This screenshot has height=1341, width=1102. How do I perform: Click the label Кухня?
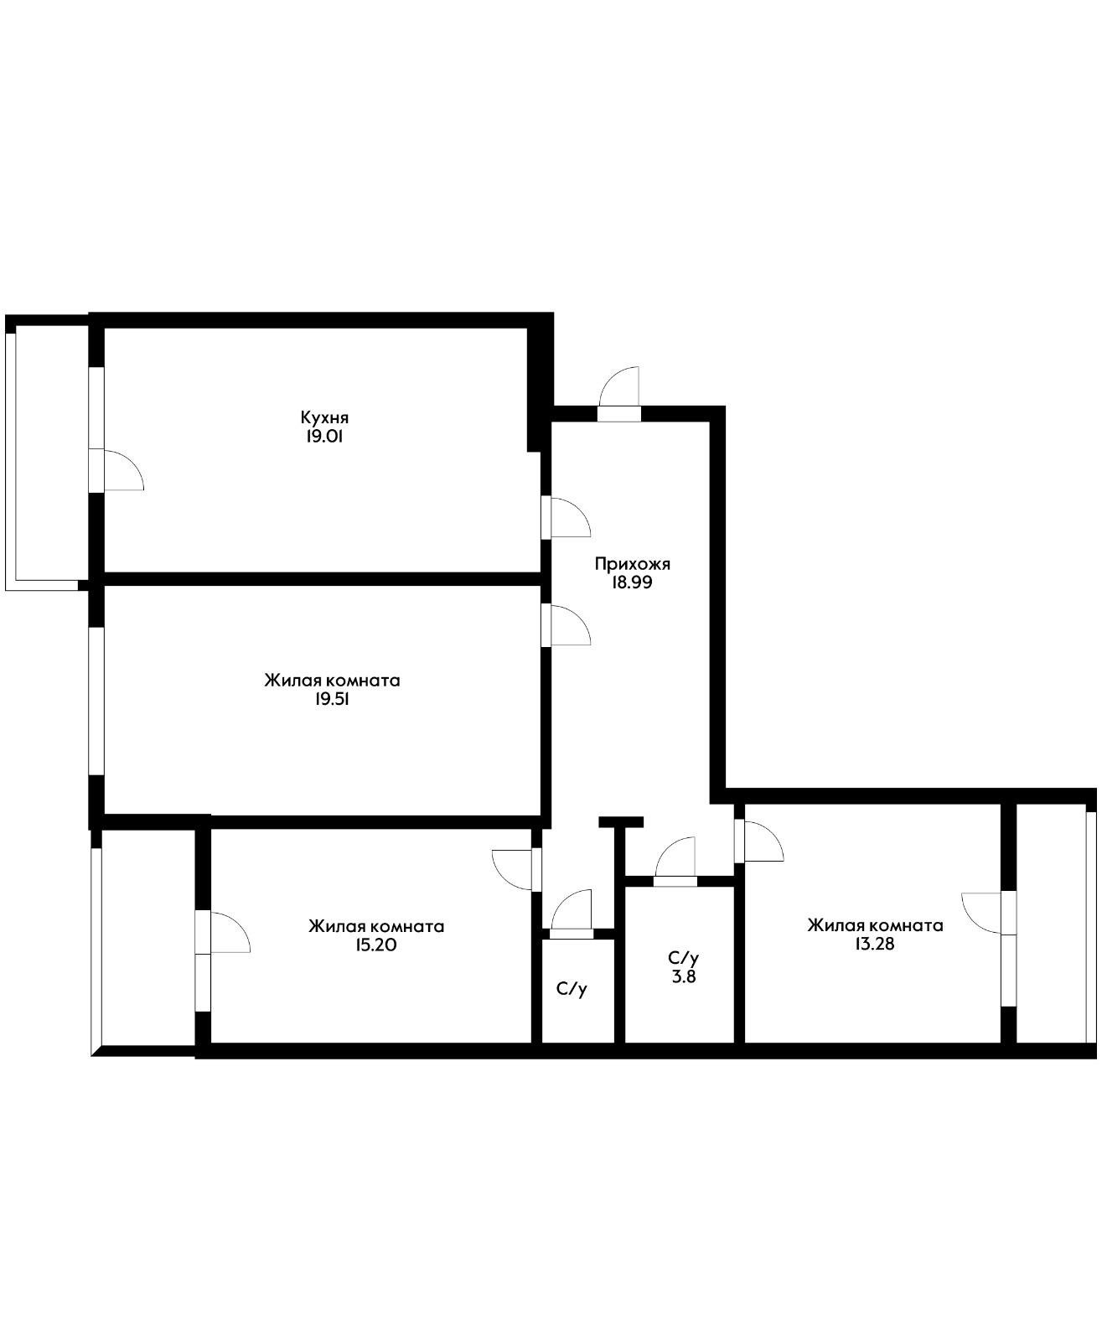324,417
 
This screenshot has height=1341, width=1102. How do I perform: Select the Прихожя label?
632,564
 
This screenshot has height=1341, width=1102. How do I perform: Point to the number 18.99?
632,582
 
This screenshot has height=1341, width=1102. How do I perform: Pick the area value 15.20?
376,945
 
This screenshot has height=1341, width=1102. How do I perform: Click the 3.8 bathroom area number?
684,976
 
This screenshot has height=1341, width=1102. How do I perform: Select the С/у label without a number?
572,989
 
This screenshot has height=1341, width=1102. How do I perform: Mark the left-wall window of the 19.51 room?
96,702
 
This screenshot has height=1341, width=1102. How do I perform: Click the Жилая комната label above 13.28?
875,925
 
